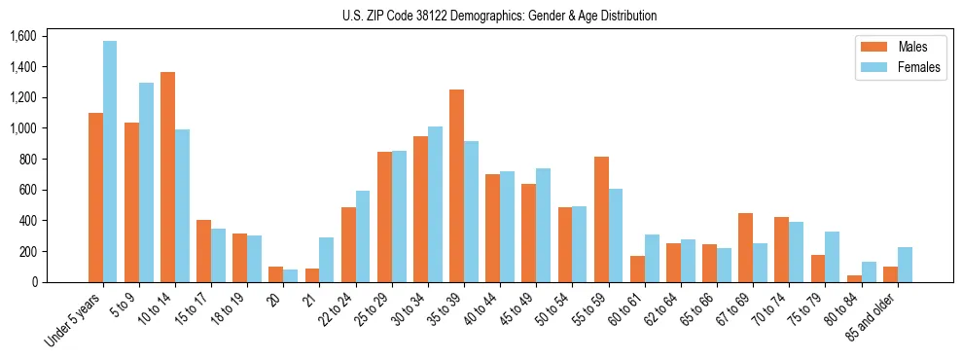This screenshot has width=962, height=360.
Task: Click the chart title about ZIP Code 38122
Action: click(x=499, y=16)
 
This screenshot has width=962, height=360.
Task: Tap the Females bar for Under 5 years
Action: click(x=110, y=162)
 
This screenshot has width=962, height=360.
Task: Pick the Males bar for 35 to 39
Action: click(x=456, y=186)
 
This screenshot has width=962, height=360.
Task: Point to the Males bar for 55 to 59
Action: click(x=601, y=220)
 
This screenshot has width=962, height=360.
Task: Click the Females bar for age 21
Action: click(x=327, y=260)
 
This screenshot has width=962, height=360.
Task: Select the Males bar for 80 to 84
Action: click(x=854, y=278)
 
